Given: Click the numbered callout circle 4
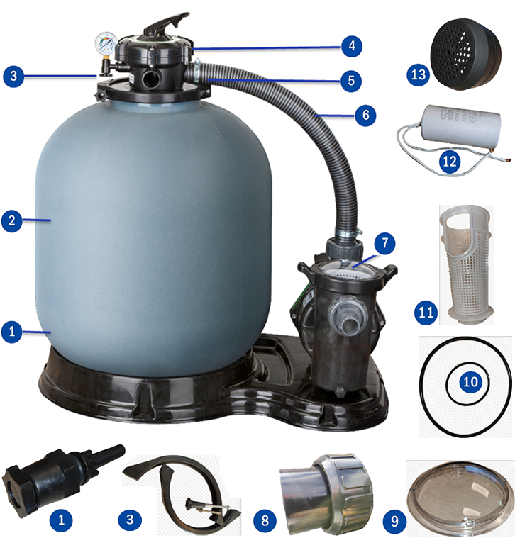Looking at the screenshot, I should pos(350,47).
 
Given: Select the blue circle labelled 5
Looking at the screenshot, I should pos(350,81).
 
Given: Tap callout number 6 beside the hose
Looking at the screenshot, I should pos(365,115).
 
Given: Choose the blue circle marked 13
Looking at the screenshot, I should pos(419,74).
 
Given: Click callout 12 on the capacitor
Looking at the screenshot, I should pos(448,162).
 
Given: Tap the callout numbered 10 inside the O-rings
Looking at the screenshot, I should pos(470,381).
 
